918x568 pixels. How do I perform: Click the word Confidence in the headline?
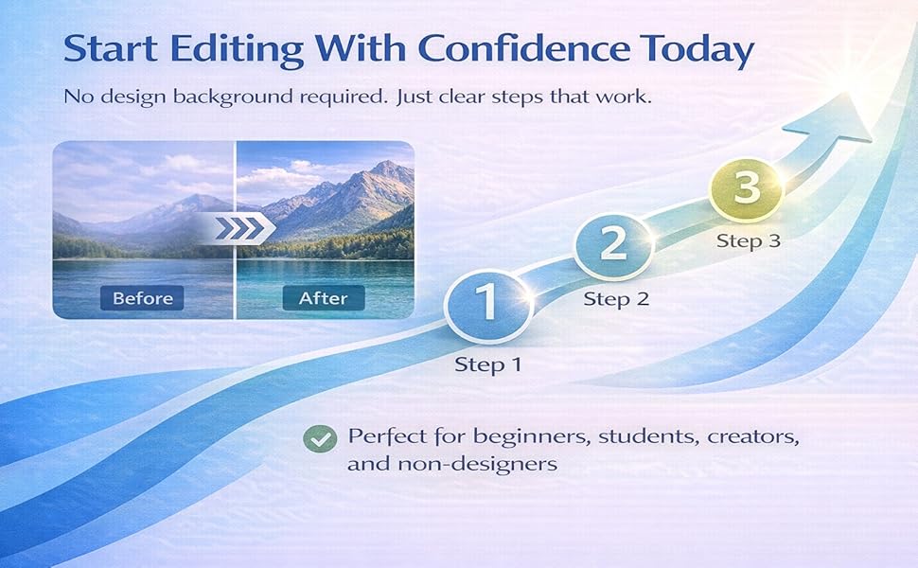pyautogui.click(x=513, y=49)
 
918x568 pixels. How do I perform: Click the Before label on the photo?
pyautogui.click(x=143, y=298)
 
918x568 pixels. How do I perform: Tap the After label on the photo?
pyautogui.click(x=324, y=298)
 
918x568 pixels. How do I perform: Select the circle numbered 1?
pyautogui.click(x=486, y=304)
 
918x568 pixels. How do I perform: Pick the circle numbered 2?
pyautogui.click(x=614, y=245)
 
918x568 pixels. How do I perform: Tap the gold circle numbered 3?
pyautogui.click(x=747, y=187)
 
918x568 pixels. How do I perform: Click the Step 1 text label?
pyautogui.click(x=487, y=364)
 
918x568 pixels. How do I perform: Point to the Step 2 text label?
pyautogui.click(x=616, y=300)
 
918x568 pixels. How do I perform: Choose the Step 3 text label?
pyautogui.click(x=748, y=240)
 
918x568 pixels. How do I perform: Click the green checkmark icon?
pyautogui.click(x=320, y=438)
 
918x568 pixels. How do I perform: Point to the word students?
pyautogui.click(x=629, y=437)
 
